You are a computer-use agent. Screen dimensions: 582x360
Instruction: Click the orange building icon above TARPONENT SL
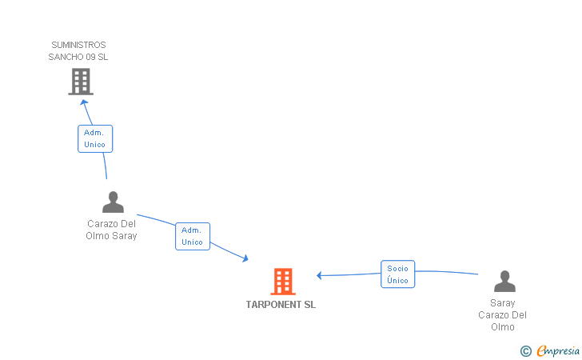pyautogui.click(x=283, y=282)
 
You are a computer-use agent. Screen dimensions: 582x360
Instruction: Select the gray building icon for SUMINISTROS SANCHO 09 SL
pyautogui.click(x=81, y=82)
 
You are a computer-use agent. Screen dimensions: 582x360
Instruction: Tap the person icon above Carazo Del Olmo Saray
pyautogui.click(x=113, y=202)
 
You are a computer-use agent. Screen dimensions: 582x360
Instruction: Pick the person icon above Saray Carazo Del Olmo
pyautogui.click(x=504, y=281)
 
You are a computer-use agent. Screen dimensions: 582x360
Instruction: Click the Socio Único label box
pyautogui.click(x=397, y=274)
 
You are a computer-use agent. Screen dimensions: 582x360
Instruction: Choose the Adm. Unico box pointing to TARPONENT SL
pyautogui.click(x=193, y=236)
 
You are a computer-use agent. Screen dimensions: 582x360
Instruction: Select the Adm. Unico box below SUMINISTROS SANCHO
pyautogui.click(x=95, y=138)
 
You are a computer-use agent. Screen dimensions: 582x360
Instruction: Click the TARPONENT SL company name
pyautogui.click(x=281, y=305)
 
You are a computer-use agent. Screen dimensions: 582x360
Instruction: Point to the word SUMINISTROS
pyautogui.click(x=78, y=45)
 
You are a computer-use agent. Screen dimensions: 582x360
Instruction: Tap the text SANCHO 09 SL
pyautogui.click(x=78, y=57)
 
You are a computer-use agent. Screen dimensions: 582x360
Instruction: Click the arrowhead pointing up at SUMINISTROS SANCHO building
pyautogui.click(x=84, y=102)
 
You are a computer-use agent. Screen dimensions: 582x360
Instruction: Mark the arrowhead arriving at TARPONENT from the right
pyautogui.click(x=319, y=275)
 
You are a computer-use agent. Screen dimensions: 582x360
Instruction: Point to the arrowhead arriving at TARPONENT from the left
pyautogui.click(x=245, y=258)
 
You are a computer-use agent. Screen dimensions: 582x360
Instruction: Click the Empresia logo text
pyautogui.click(x=558, y=350)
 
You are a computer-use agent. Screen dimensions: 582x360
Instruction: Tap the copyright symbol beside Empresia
pyautogui.click(x=525, y=351)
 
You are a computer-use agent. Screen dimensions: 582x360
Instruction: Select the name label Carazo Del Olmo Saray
pyautogui.click(x=111, y=230)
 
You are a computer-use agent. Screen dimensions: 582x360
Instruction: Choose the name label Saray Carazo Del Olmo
pyautogui.click(x=503, y=315)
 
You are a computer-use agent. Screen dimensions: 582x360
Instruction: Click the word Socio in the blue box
pyautogui.click(x=397, y=268)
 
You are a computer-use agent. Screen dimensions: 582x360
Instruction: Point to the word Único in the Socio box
pyautogui.click(x=397, y=280)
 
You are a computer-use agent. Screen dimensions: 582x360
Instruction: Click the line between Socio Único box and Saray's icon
pyautogui.click(x=446, y=272)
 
